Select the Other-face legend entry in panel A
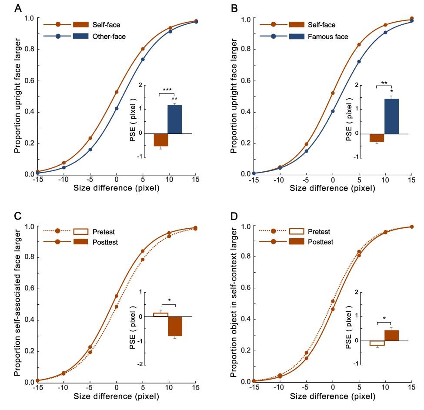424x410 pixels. coord(109,37)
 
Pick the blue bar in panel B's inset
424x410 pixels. coord(391,116)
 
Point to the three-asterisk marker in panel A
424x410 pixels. coord(167,90)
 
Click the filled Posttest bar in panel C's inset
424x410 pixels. coord(175,326)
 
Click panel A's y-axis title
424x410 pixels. coord(17,96)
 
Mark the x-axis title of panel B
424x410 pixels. coord(333,188)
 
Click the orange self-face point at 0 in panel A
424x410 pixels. coord(117,92)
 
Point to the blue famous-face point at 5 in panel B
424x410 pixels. coord(359,61)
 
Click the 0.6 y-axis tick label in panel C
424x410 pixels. coord(29,289)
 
